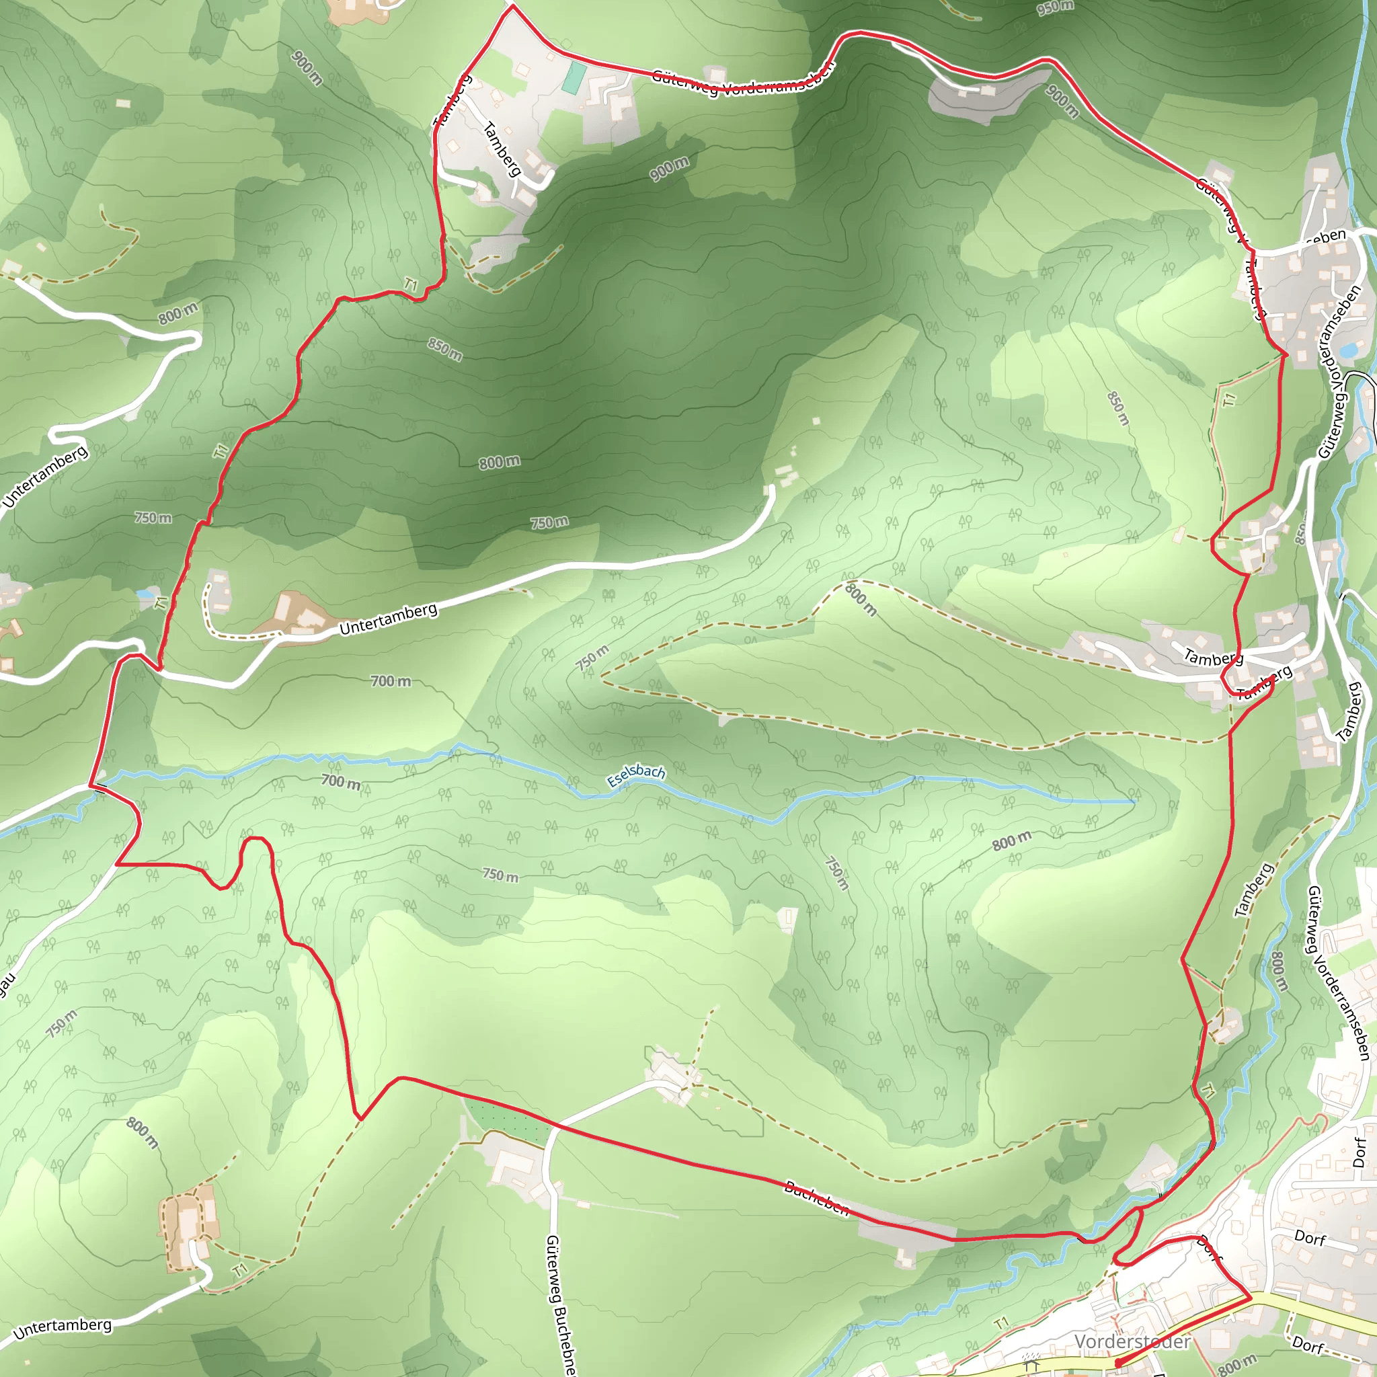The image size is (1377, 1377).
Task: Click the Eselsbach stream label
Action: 636,775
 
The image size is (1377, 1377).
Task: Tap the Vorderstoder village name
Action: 1131,1341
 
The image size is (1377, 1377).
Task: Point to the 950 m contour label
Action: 1055,8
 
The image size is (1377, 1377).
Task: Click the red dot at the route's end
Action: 1117,1363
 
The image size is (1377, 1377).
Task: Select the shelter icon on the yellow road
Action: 1031,1362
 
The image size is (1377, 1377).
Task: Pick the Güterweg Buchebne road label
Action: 560,1304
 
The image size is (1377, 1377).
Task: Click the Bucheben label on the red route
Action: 816,1197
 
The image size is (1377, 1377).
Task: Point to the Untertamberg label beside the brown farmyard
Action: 388,619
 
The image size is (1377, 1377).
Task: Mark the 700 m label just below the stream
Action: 341,782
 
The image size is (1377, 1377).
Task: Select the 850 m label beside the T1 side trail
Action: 1118,408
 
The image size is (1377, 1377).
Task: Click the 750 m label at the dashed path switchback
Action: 592,657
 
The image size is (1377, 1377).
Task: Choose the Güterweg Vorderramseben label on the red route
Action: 741,80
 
